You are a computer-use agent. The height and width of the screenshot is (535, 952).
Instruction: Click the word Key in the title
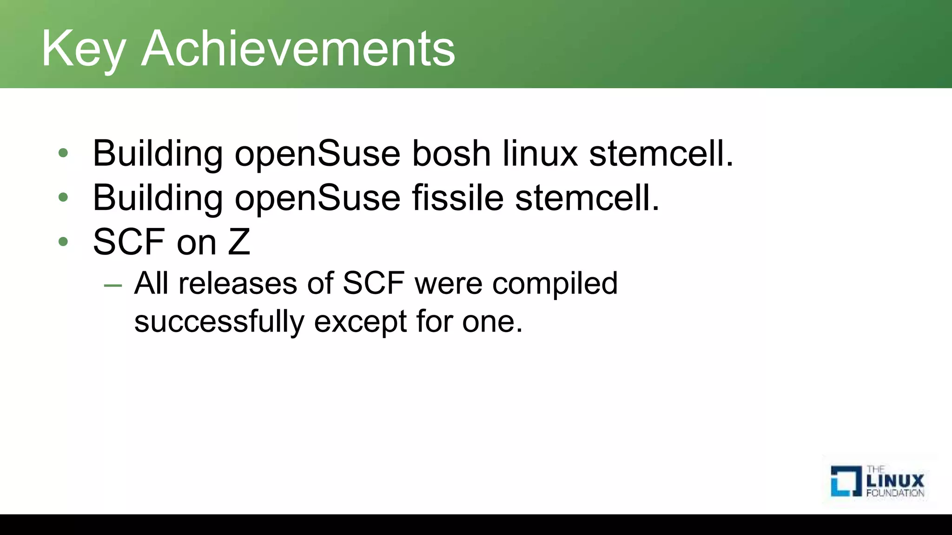pos(84,49)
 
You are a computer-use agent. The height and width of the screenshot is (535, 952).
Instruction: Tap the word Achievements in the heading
pos(298,49)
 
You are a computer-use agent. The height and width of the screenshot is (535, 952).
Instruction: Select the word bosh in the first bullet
pos(451,153)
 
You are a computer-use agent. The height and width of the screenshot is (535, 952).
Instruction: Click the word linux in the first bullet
pos(540,153)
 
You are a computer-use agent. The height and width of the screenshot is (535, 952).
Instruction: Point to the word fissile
pos(457,198)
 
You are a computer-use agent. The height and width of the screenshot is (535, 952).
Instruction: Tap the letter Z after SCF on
pos(239,242)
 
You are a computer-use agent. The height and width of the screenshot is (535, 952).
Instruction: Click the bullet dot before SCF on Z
pos(63,242)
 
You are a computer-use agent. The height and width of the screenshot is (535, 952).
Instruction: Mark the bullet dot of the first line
pos(63,153)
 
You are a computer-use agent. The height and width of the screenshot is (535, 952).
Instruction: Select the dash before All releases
pos(113,285)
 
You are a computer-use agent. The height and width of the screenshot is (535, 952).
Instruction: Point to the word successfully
pos(219,322)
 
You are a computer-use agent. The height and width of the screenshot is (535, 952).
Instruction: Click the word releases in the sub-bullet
pos(238,283)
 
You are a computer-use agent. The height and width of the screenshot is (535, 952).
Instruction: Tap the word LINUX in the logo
pos(895,481)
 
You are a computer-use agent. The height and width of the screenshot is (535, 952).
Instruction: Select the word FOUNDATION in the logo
pos(895,493)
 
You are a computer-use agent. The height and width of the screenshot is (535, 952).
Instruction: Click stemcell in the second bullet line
pos(587,198)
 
